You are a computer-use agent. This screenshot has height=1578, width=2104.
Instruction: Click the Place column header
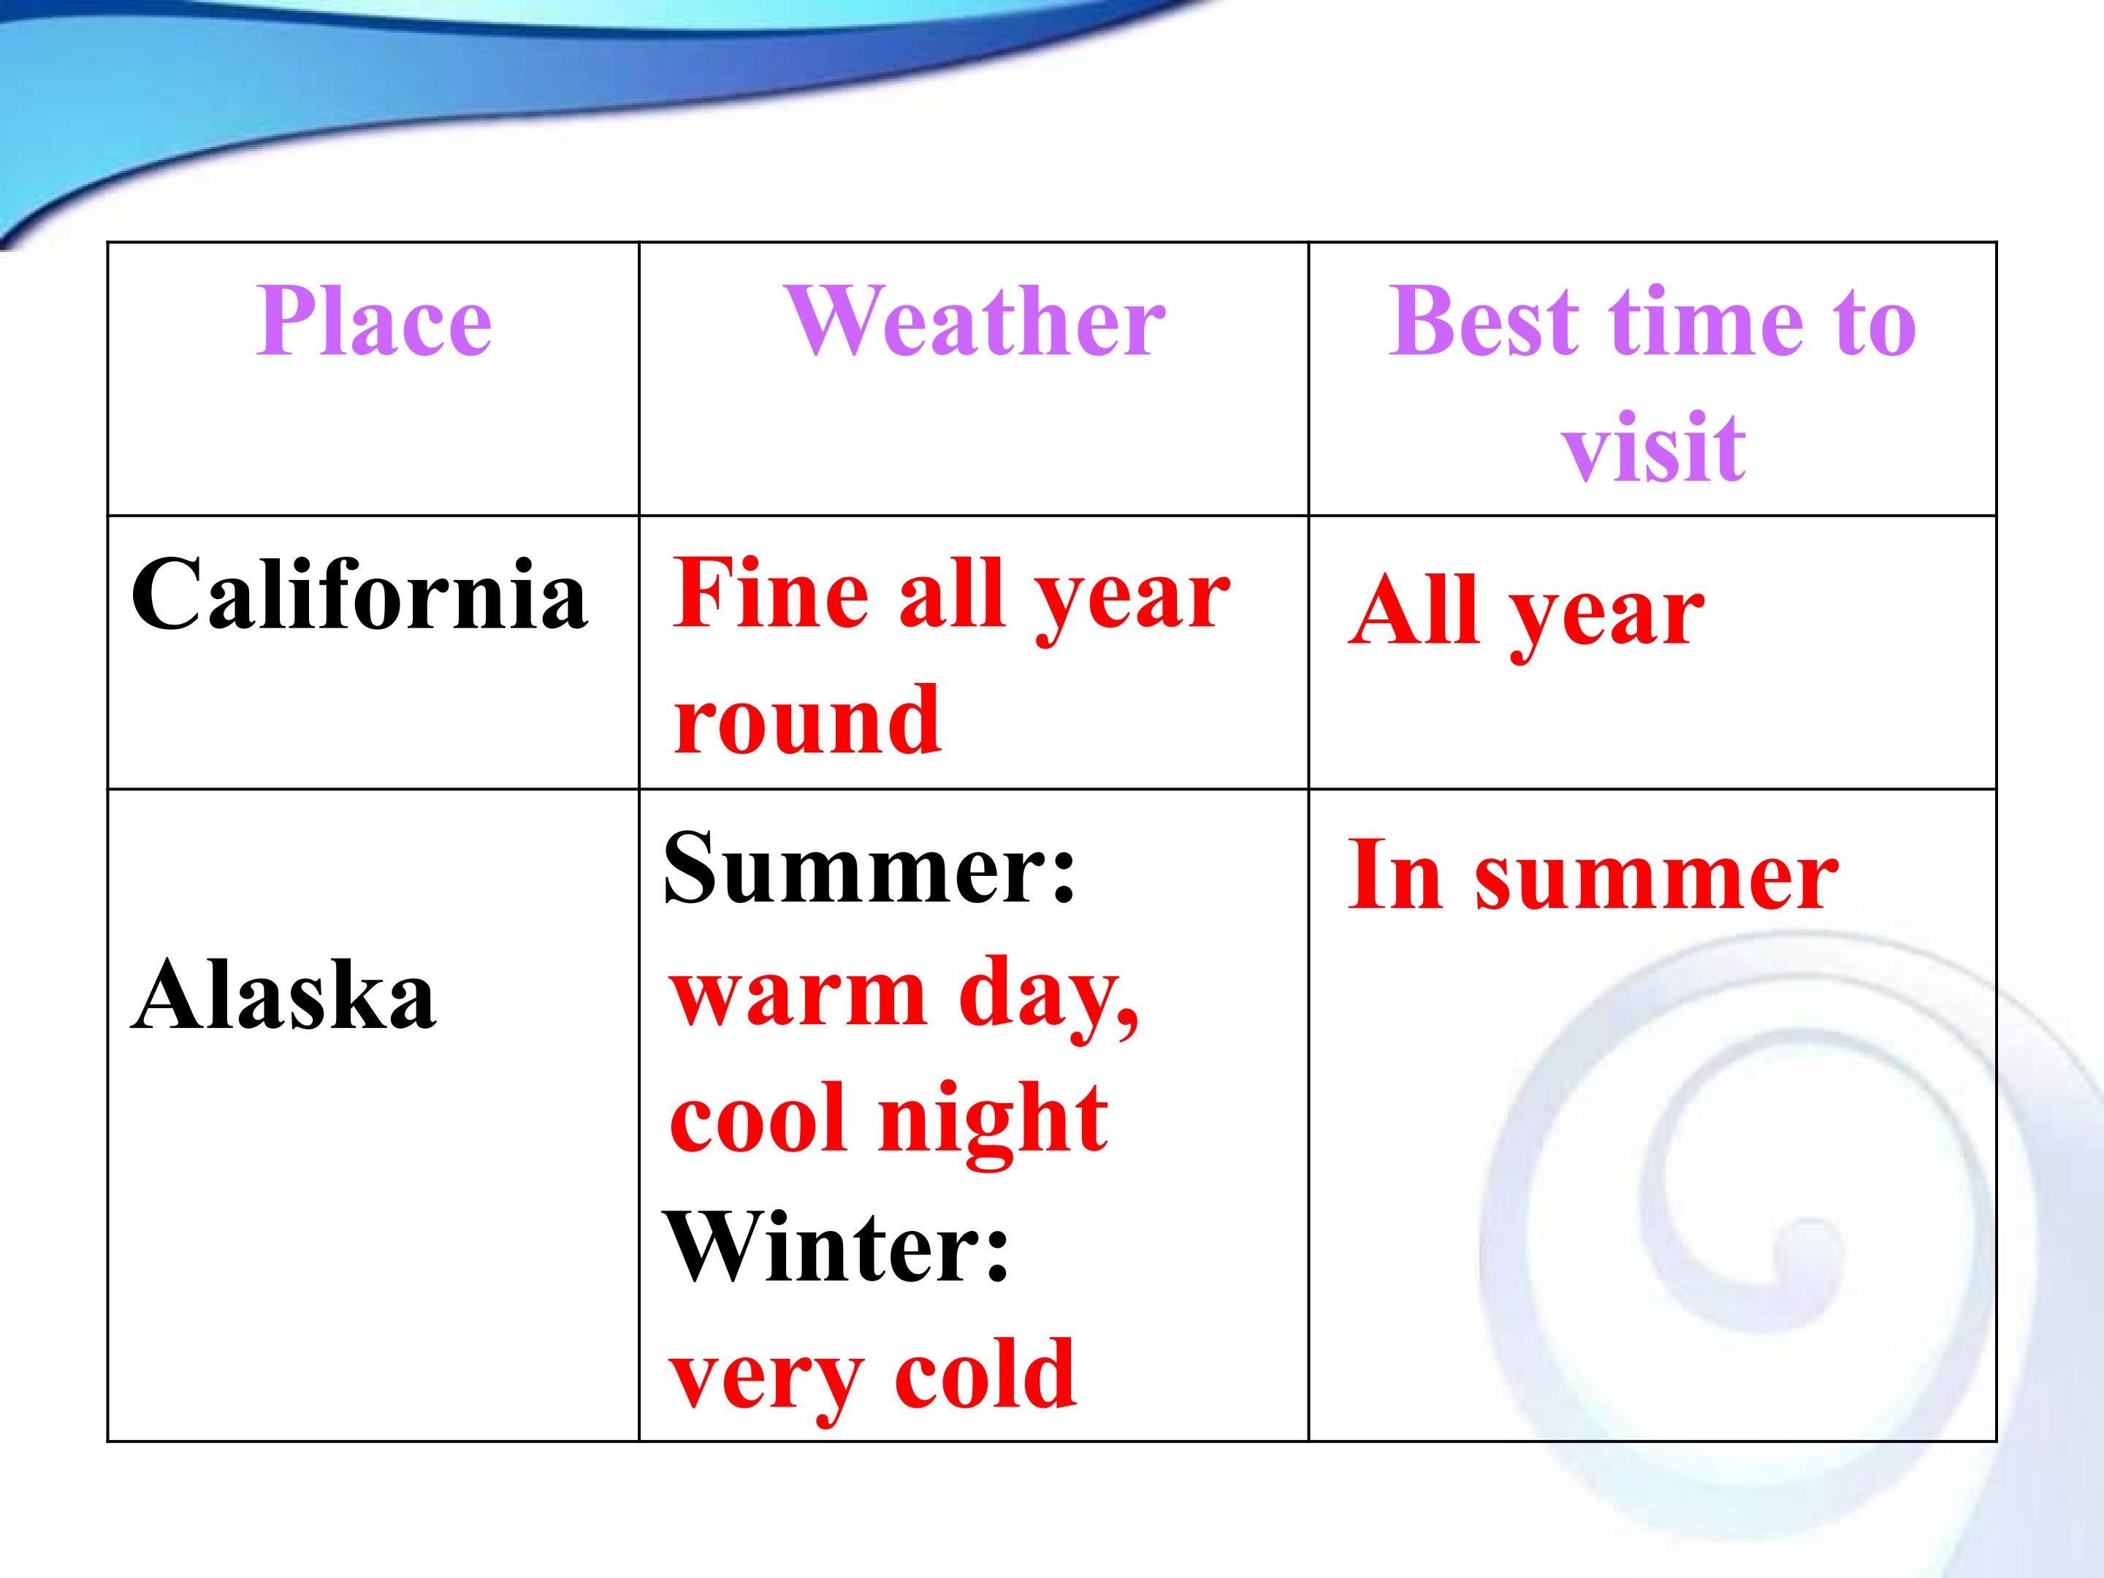pos(374,321)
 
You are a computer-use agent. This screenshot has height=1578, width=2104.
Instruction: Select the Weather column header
pos(975,321)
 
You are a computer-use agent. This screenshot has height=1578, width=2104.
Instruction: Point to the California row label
pos(359,592)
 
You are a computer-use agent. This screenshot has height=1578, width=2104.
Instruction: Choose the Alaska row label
pos(283,995)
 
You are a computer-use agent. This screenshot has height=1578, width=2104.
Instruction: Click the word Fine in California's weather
pos(769,592)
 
